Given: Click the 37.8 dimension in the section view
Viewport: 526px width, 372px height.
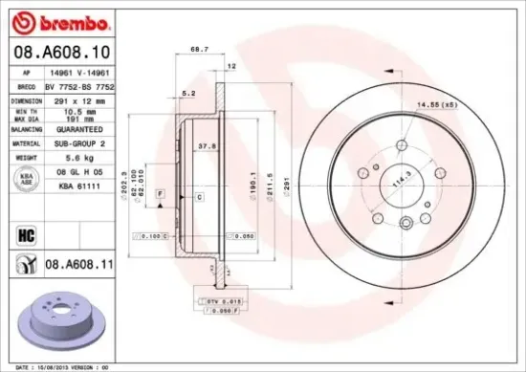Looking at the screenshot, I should pos(204,147).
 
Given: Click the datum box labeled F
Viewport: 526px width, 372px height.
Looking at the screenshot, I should pos(159,193).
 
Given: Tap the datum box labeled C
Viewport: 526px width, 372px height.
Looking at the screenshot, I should pos(199,196).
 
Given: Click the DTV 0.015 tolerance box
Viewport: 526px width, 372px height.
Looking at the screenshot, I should pos(221,300).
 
